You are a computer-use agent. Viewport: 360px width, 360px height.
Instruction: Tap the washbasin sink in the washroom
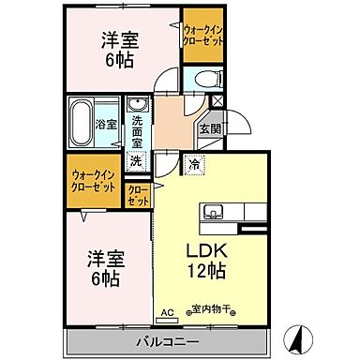click(138, 105)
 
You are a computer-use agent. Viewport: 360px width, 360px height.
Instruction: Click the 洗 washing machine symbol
click(137, 161)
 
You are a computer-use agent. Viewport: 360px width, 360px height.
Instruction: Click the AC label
click(169, 312)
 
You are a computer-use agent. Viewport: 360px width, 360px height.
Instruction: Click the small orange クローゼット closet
click(138, 195)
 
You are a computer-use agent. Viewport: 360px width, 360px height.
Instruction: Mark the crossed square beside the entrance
click(218, 101)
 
